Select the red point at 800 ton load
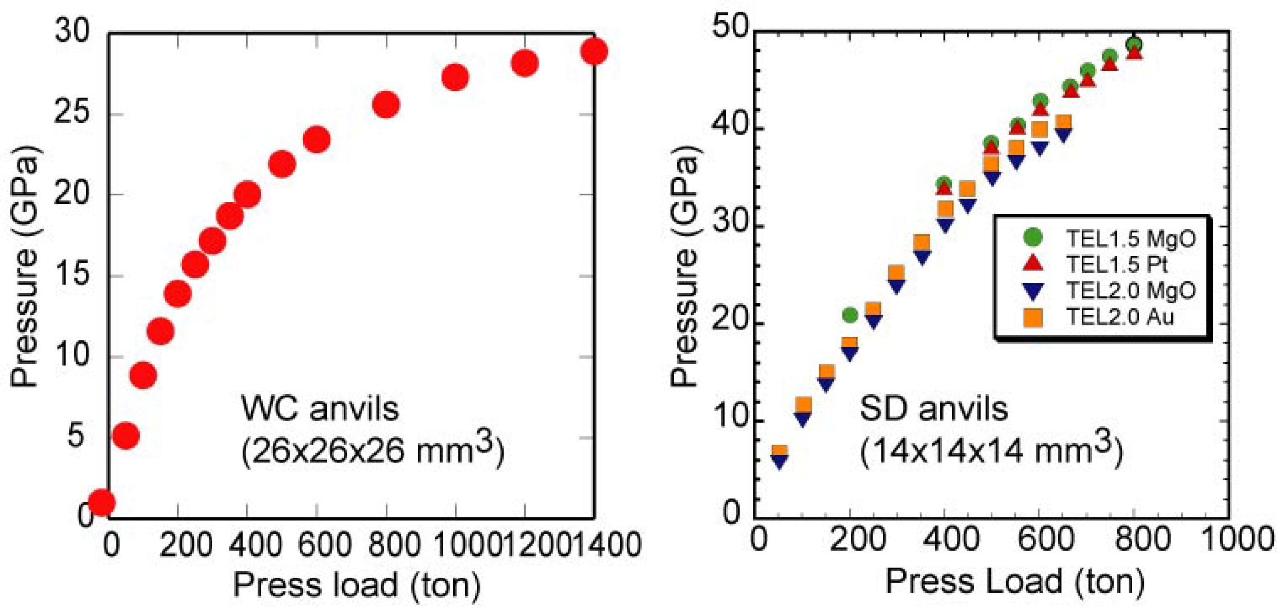point(386,105)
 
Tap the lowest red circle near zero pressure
point(101,502)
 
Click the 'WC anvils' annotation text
point(320,409)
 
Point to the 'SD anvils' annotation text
point(933,409)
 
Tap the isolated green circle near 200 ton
point(850,315)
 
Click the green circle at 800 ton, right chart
point(1134,44)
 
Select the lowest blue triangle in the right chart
point(780,462)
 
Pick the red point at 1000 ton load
point(455,77)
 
